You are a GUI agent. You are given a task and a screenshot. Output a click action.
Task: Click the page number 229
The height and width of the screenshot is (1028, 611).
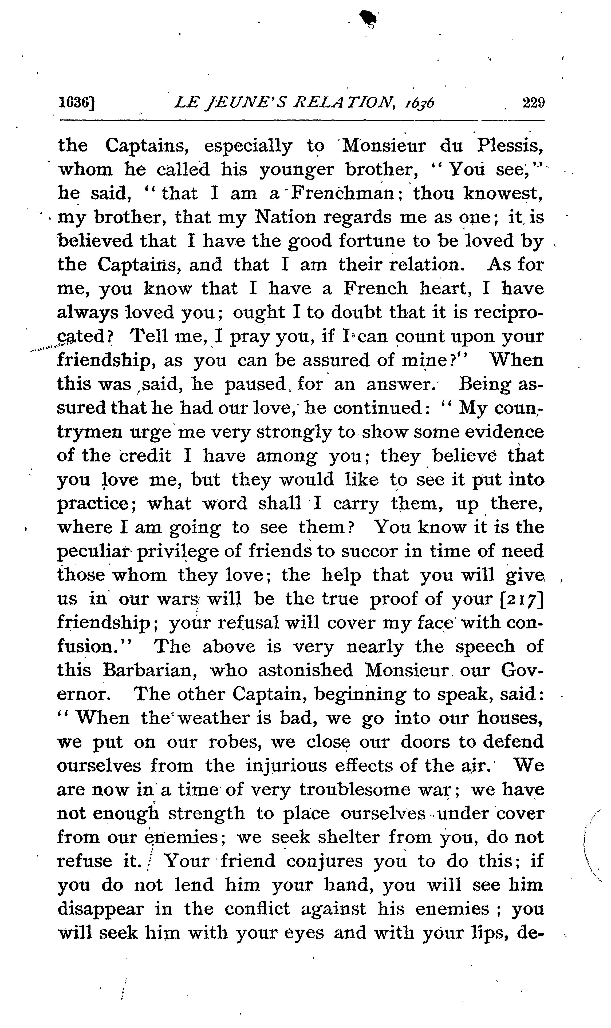tap(533, 102)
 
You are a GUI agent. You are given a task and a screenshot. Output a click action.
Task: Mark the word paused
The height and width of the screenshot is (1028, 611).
tap(255, 384)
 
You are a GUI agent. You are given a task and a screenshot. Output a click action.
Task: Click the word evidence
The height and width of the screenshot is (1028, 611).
tap(508, 432)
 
